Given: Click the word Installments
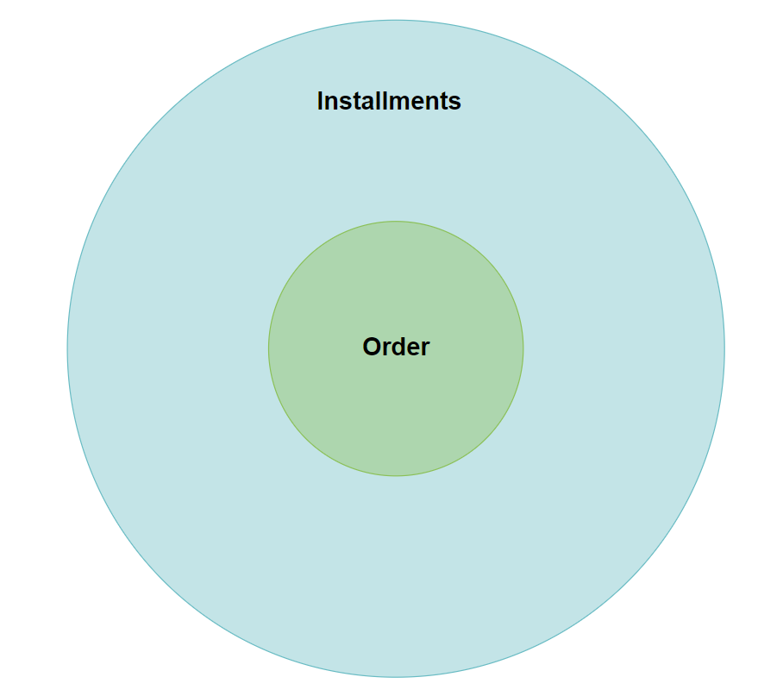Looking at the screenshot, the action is (x=389, y=101).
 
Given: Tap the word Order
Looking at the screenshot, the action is (x=396, y=347).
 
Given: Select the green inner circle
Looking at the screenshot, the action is (x=396, y=405).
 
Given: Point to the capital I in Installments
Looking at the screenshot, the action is (x=320, y=101).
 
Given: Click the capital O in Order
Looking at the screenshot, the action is (x=372, y=347).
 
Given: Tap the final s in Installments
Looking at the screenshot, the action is (x=455, y=102).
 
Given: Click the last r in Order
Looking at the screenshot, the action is (x=425, y=348).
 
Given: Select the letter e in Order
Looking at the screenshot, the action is (x=410, y=348).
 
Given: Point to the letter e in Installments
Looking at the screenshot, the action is (x=424, y=102).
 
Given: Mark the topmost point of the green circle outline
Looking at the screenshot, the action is (x=396, y=222).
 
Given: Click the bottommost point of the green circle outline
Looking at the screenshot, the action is (x=396, y=475).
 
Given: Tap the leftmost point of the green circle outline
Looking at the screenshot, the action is (x=269, y=348).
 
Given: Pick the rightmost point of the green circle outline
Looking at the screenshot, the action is (x=523, y=348).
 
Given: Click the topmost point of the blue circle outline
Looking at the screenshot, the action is (x=396, y=20).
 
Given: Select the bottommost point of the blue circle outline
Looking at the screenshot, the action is (x=396, y=677).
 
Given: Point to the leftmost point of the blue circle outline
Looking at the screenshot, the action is (x=67, y=348).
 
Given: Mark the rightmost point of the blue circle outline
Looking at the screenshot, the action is (x=724, y=348).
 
